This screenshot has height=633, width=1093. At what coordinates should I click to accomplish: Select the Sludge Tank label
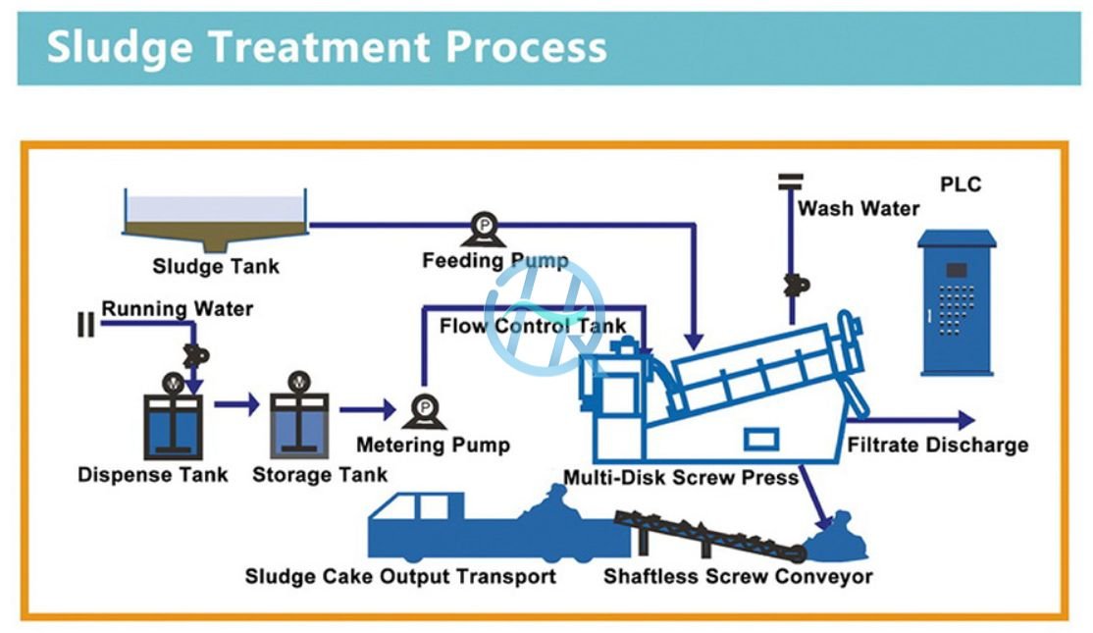click(216, 266)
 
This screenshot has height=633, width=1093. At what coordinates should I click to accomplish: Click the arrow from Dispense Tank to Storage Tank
click(235, 403)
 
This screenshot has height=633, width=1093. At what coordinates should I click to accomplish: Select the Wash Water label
click(859, 208)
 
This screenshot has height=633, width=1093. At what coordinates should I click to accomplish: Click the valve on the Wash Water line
click(791, 285)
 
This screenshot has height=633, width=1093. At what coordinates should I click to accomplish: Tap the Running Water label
click(178, 309)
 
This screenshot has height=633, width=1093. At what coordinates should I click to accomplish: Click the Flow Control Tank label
click(533, 326)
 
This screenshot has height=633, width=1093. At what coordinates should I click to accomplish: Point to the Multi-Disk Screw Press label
click(681, 478)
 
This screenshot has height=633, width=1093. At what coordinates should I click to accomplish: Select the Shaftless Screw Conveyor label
click(738, 576)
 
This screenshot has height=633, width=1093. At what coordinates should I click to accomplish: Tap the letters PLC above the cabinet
click(960, 185)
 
